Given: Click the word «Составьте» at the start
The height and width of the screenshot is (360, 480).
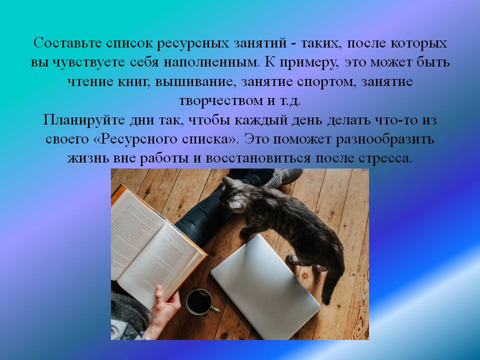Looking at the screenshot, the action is (67, 43).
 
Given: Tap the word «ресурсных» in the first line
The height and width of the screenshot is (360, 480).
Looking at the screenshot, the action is (193, 43).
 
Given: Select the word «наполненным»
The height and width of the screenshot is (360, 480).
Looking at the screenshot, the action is (211, 62).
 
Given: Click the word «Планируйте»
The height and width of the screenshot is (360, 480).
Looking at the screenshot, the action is (84, 120).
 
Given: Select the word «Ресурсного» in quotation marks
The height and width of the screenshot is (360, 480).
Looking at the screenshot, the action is (139, 139).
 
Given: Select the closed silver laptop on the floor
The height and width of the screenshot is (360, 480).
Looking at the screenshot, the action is (265, 286).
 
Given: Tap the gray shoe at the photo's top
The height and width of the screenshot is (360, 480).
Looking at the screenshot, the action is (284, 177).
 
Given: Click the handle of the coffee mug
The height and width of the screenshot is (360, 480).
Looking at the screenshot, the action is (215, 310).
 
